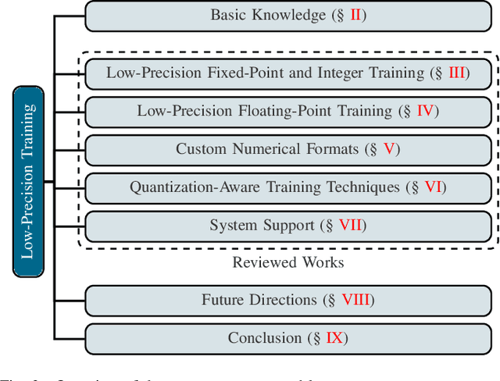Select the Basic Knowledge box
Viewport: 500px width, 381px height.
pyautogui.click(x=288, y=15)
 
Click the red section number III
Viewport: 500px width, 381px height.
pyautogui.click(x=456, y=73)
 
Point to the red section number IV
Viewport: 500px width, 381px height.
pyautogui.click(x=424, y=112)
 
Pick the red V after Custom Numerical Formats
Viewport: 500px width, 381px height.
pyautogui.click(x=388, y=149)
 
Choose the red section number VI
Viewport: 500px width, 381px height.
pyautogui.click(x=433, y=187)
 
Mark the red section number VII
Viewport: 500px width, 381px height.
pyautogui.click(x=350, y=226)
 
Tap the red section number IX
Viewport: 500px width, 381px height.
pyautogui.click(x=334, y=338)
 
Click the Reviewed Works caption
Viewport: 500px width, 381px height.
pyautogui.click(x=288, y=262)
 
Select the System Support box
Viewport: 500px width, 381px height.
pyautogui.click(x=288, y=226)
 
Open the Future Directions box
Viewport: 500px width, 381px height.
pyautogui.click(x=288, y=300)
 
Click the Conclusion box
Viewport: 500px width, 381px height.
pyautogui.click(x=288, y=338)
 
